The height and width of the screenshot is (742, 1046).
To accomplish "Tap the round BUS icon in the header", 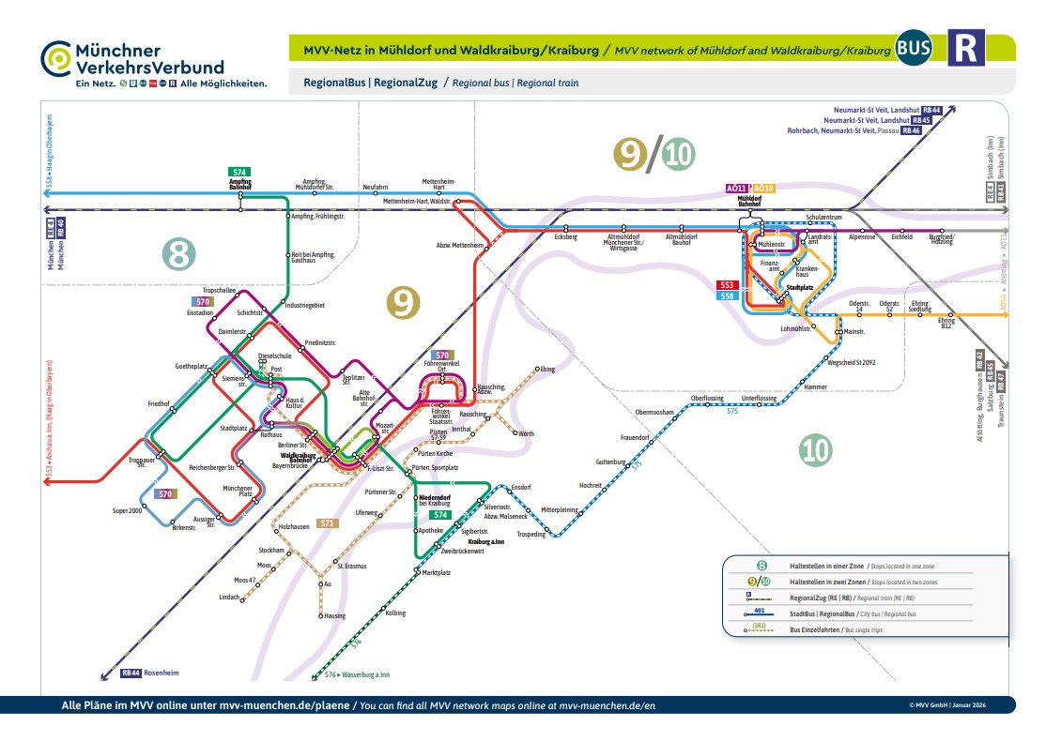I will [x=914, y=48].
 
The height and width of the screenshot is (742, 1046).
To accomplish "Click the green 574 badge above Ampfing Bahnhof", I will [x=239, y=173].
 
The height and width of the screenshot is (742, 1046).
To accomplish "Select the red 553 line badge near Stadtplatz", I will [x=728, y=285].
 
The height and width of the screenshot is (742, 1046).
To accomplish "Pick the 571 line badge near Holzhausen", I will [x=327, y=523].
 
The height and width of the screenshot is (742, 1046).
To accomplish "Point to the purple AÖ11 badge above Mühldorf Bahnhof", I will [x=738, y=189].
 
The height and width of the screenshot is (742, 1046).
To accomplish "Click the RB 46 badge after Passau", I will [x=911, y=131].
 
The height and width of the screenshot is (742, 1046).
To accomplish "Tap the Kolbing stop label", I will [x=395, y=613].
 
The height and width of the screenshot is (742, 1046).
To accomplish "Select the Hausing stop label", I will [x=334, y=616].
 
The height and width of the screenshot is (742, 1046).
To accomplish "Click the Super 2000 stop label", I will [x=128, y=509].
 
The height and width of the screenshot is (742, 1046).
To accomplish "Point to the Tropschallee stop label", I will [x=219, y=291].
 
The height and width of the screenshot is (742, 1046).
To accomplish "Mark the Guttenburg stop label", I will [x=610, y=462].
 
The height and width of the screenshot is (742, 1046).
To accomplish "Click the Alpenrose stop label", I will [x=861, y=237].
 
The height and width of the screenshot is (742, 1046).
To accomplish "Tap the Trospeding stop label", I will [x=531, y=535].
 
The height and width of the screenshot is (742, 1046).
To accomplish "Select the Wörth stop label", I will [x=526, y=433].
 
